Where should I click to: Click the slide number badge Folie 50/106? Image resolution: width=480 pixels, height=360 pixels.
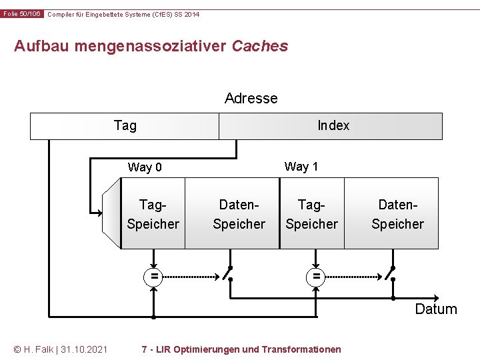tap(22, 14)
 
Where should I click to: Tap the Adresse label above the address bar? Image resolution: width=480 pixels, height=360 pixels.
tap(251, 99)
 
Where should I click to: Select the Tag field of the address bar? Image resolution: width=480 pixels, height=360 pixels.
tap(125, 126)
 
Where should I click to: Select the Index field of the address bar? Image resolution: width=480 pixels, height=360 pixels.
tap(333, 126)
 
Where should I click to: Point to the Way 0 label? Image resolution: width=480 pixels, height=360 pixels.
tap(145, 167)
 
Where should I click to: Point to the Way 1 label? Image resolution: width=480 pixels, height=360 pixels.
tap(301, 167)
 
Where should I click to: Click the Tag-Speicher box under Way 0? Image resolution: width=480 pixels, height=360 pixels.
tap(153, 214)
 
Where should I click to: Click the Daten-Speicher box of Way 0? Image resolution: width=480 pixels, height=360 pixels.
tap(239, 214)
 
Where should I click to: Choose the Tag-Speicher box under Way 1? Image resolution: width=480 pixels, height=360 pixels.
tap(311, 214)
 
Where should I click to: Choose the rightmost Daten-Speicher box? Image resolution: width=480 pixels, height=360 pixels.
tap(397, 214)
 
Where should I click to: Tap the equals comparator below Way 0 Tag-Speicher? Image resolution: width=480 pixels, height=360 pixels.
tap(153, 275)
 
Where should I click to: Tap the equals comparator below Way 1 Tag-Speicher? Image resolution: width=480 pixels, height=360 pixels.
tap(316, 275)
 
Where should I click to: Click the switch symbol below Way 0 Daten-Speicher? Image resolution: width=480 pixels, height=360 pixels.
tap(229, 273)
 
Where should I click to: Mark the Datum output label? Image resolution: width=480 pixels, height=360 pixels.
tap(436, 309)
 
